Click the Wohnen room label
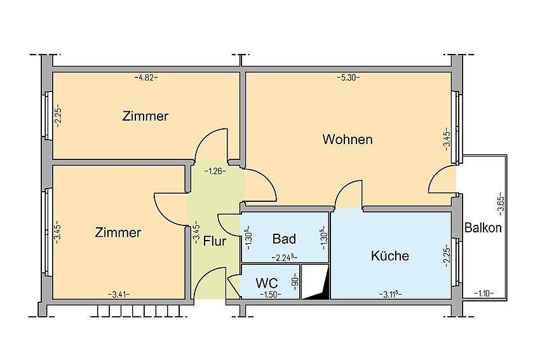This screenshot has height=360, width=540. [x=348, y=139]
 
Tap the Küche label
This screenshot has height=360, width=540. [x=390, y=257]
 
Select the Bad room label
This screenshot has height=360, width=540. [x=284, y=239]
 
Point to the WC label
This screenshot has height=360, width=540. [x=266, y=283]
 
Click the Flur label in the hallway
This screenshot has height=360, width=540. [x=215, y=241]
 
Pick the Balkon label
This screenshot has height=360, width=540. [x=483, y=228]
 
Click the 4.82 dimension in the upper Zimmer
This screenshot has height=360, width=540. [x=146, y=77]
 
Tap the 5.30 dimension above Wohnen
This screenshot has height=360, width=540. [x=348, y=77]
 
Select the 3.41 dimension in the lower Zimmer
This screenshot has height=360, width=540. [x=119, y=293]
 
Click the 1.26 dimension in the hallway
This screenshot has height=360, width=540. [x=214, y=171]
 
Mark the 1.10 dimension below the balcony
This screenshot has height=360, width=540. [x=485, y=293]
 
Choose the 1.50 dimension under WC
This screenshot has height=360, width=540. [x=270, y=293]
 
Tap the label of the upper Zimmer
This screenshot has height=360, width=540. [x=145, y=116]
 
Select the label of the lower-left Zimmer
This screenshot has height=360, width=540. [x=118, y=232]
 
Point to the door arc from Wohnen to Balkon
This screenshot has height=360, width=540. [x=443, y=183]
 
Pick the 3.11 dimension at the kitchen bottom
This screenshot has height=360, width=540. [x=389, y=293]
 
